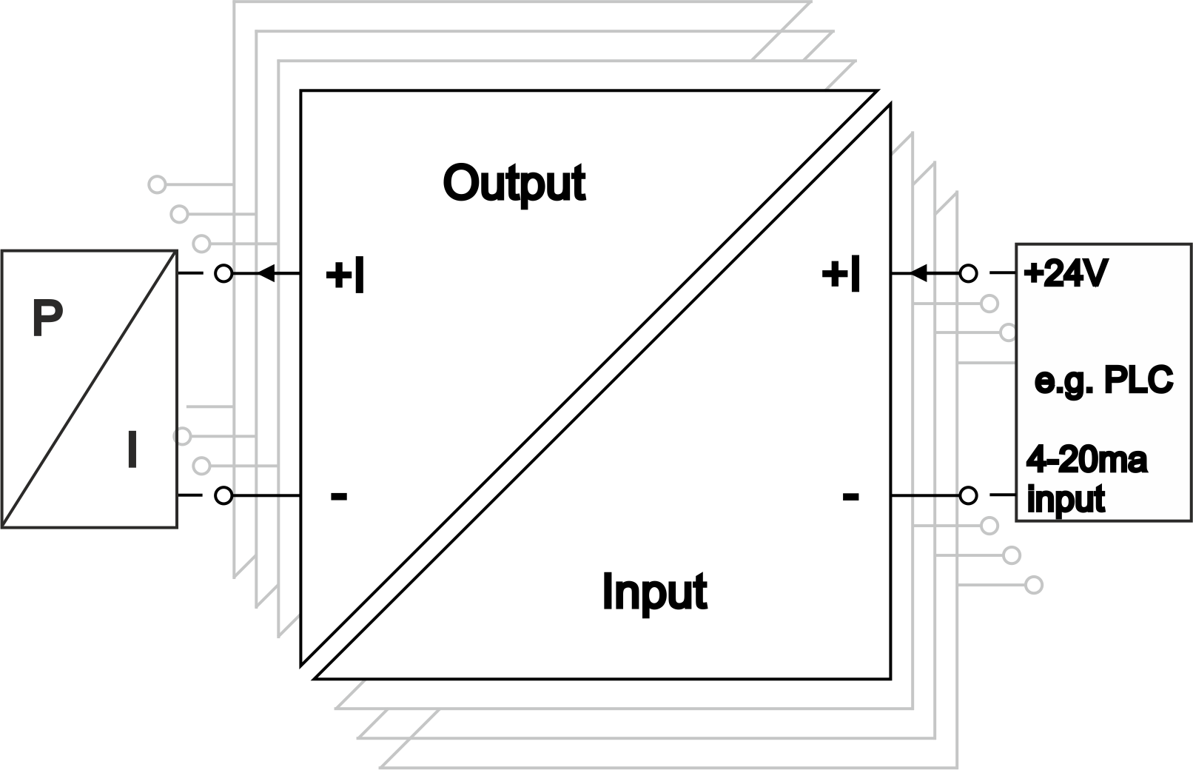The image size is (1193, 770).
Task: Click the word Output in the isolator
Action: click(514, 183)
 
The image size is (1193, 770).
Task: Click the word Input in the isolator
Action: click(654, 592)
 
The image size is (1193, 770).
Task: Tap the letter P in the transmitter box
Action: click(47, 318)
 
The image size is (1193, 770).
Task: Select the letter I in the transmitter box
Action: click(132, 450)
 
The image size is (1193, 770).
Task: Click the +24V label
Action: click(1066, 274)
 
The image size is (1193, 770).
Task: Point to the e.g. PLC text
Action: click(1103, 381)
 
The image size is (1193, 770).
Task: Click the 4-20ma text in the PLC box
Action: click(1086, 460)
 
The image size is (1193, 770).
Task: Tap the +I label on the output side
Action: click(345, 275)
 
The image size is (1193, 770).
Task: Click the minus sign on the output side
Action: click(338, 495)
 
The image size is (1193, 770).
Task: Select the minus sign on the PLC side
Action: click(850, 495)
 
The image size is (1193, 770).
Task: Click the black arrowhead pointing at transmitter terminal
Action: click(266, 274)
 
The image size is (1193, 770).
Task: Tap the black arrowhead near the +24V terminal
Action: click(918, 274)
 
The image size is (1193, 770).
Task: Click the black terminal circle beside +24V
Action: click(968, 274)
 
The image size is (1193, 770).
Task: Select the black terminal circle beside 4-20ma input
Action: click(968, 495)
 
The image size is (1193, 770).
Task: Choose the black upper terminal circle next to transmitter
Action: click(223, 274)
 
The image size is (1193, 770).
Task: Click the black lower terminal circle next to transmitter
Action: click(223, 495)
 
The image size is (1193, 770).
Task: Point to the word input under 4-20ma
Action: click(1066, 499)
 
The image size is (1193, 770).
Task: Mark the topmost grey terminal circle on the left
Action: click(157, 184)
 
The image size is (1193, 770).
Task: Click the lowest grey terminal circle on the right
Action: click(1034, 585)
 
